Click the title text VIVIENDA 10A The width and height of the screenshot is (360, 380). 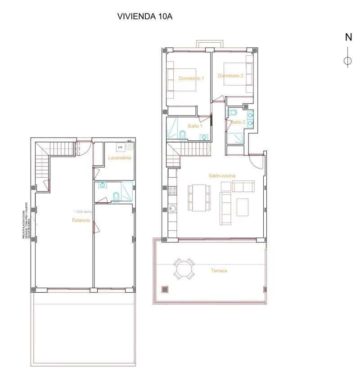click(x=145, y=17)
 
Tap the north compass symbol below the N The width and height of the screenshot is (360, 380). click(x=347, y=61)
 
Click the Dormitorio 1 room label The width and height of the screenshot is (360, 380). click(x=191, y=78)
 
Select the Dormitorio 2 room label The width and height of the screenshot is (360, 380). click(x=230, y=76)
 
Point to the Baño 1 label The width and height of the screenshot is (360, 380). click(x=195, y=126)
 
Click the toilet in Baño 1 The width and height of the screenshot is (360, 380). click(x=182, y=134)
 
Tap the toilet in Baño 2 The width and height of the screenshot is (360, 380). click(x=233, y=112)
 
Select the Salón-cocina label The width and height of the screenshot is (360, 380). click(x=222, y=176)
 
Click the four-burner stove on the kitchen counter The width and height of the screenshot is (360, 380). click(x=172, y=192)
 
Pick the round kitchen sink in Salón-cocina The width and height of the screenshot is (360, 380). click(x=172, y=208)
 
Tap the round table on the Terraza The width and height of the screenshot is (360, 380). click(x=184, y=270)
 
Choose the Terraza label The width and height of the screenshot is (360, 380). click(x=219, y=271)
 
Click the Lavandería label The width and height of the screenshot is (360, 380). click(x=119, y=158)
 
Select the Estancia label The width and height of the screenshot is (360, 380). click(x=81, y=220)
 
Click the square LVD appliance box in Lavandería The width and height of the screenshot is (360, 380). click(x=120, y=147)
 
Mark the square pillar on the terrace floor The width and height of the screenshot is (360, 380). click(x=165, y=289)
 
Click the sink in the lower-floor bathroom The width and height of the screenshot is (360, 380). click(x=103, y=184)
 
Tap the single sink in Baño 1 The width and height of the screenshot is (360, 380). click(x=205, y=137)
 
